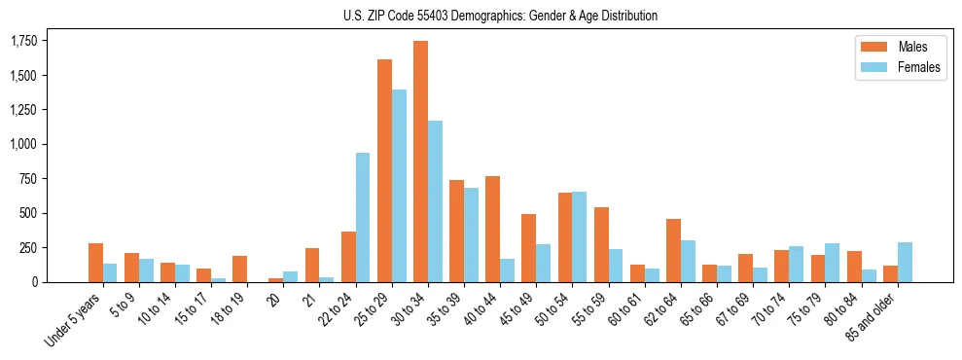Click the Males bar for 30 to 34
point(420,162)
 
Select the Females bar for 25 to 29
point(399,186)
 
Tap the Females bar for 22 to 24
point(363,217)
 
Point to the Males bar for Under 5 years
point(95,263)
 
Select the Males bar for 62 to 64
point(673,250)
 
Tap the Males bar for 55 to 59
point(601,244)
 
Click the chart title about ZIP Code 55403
point(500,16)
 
